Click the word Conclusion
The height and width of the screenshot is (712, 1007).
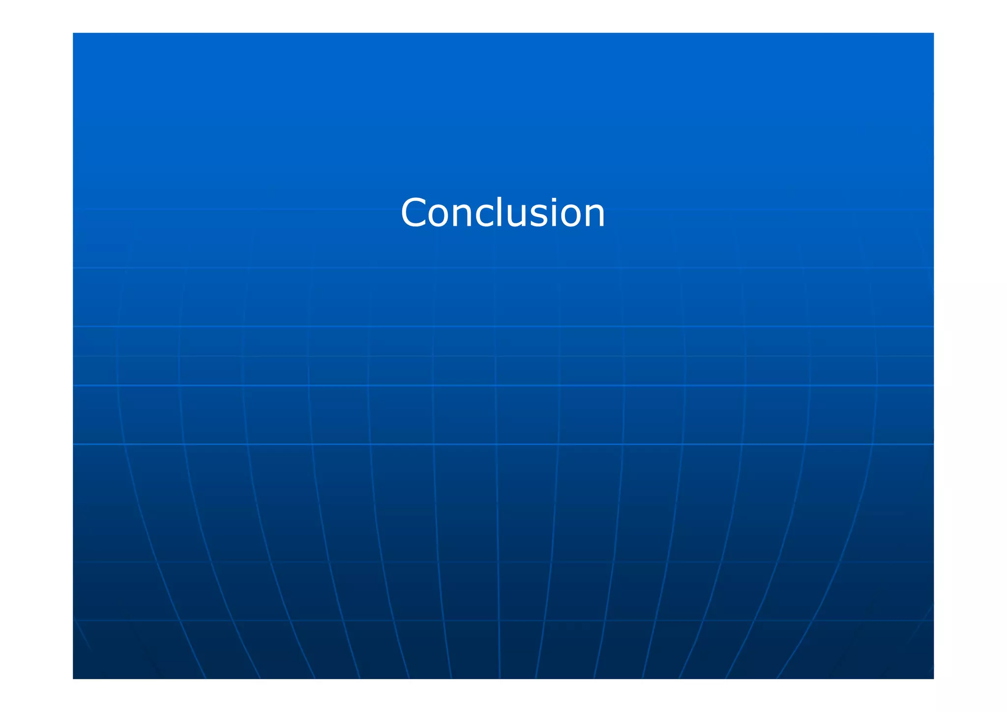click(x=503, y=213)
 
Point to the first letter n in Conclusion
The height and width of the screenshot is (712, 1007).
click(x=465, y=217)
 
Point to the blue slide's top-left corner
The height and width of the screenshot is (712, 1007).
click(x=73, y=33)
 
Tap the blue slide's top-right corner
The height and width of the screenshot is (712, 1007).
click(x=933, y=33)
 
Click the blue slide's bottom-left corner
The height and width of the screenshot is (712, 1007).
click(x=73, y=678)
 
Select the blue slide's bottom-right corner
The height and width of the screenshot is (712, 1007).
click(x=933, y=678)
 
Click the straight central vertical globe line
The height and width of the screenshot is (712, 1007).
click(x=497, y=492)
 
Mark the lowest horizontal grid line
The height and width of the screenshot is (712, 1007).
click(x=344, y=620)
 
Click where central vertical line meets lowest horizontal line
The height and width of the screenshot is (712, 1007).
click(x=499, y=620)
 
